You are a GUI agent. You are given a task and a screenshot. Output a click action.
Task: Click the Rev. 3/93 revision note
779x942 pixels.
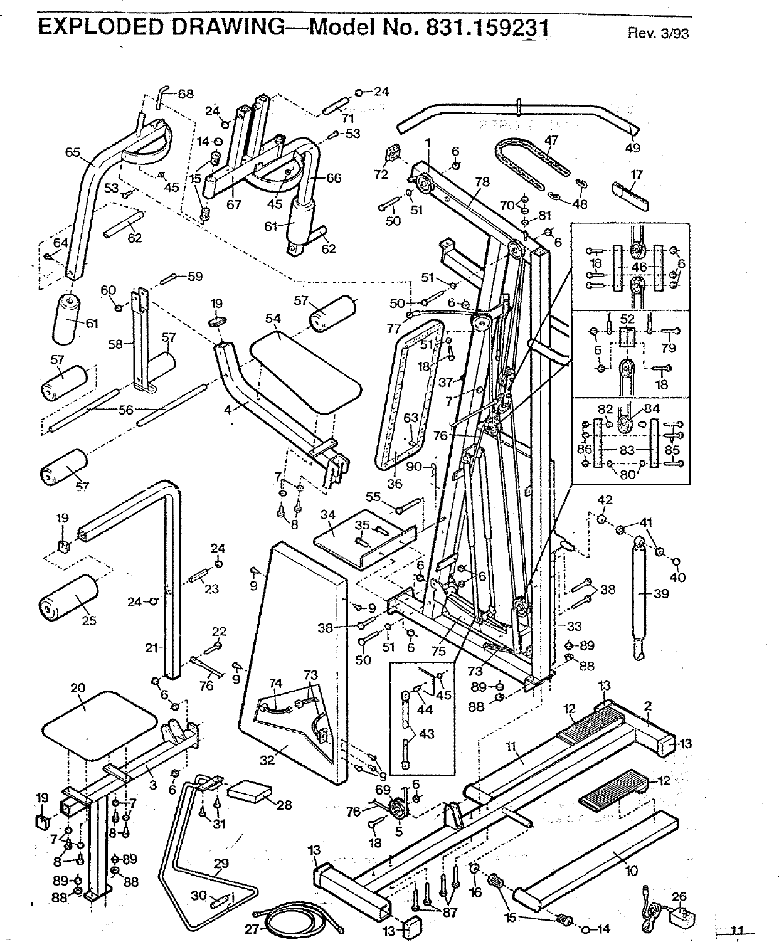pyautogui.click(x=658, y=33)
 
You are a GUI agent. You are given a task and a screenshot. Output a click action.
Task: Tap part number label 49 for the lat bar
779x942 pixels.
pyautogui.click(x=633, y=148)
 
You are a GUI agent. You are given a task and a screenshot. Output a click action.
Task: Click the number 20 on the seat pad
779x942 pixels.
pyautogui.click(x=78, y=687)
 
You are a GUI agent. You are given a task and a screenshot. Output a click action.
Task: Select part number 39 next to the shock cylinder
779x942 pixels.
pyautogui.click(x=661, y=594)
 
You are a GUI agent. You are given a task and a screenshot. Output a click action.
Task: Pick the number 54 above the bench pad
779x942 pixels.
pyautogui.click(x=273, y=319)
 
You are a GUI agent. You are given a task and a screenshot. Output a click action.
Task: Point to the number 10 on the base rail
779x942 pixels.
pyautogui.click(x=631, y=871)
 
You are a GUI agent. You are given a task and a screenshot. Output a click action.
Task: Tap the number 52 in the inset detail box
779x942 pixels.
pyautogui.click(x=627, y=319)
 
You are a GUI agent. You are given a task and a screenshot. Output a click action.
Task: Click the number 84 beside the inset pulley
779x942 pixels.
pyautogui.click(x=652, y=409)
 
